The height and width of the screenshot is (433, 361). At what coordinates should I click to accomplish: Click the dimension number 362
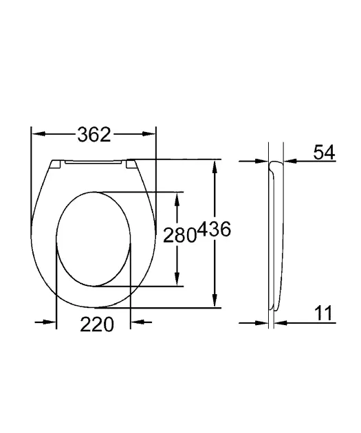(94, 135)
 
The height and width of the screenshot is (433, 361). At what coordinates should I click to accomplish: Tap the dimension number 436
(215, 229)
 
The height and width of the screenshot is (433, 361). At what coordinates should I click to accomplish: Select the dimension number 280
(179, 235)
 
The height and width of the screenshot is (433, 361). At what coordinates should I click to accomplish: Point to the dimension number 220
(97, 324)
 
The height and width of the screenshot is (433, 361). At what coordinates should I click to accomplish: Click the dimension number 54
(324, 152)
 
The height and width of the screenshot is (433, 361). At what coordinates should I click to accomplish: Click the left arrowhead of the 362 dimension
(39, 134)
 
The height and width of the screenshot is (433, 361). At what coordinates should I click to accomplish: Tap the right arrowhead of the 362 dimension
(149, 134)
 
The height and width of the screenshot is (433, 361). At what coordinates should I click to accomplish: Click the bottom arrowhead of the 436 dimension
(215, 300)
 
